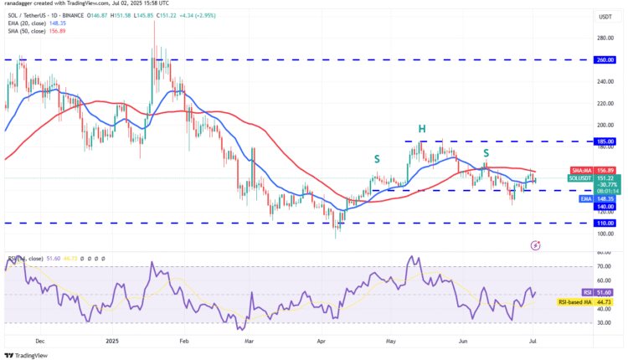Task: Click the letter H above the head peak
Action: (422, 128)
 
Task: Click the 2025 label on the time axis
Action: (112, 341)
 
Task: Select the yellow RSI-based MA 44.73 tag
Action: (589, 301)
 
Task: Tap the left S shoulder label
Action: (377, 157)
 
